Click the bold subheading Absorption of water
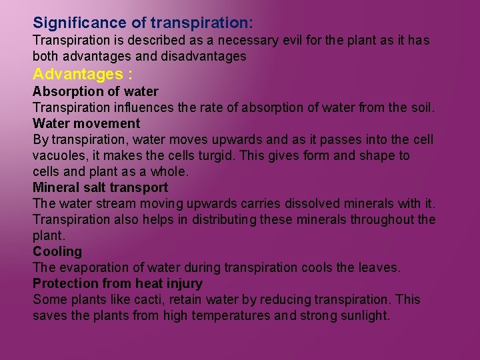pyautogui.click(x=95, y=91)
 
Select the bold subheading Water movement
pyautogui.click(x=86, y=123)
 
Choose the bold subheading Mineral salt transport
pyautogui.click(x=100, y=187)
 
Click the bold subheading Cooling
pyautogui.click(x=57, y=251)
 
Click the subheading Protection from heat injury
pyautogui.click(x=117, y=283)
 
